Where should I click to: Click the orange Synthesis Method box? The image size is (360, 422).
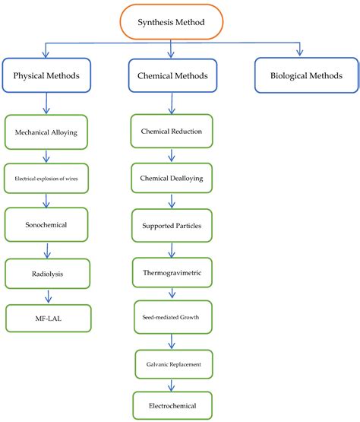(x=170, y=22)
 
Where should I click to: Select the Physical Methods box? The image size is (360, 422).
(x=47, y=75)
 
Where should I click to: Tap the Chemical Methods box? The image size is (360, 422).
(x=172, y=75)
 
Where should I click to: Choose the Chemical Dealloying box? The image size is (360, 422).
(x=171, y=178)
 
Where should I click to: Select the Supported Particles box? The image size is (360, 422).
(x=171, y=226)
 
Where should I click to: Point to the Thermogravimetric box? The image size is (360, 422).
(x=171, y=271)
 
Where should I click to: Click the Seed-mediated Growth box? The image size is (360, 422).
(x=171, y=316)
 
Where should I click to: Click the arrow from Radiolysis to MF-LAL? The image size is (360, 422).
(x=47, y=296)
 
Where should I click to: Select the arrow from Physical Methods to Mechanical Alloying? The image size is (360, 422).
(x=47, y=103)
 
